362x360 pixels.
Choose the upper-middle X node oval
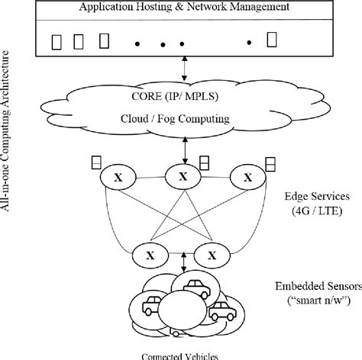click(x=183, y=176)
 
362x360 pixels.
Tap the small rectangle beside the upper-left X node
click(x=95, y=162)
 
